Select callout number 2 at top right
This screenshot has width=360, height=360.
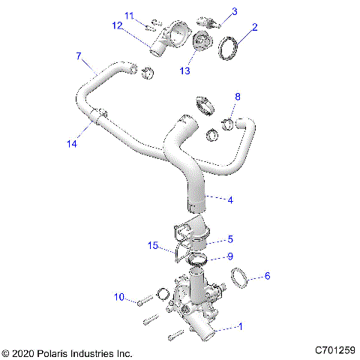tap(255, 28)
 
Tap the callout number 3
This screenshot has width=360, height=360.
tap(234, 11)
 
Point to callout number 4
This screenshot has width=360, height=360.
tap(230, 199)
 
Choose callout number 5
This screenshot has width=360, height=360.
tap(230, 239)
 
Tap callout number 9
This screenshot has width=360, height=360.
tap(230, 256)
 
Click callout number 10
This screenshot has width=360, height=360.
tap(119, 296)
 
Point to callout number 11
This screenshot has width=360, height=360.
tap(129, 15)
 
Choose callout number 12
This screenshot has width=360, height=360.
tap(118, 25)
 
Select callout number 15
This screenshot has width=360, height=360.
tap(153, 245)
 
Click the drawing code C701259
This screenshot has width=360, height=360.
tap(334, 350)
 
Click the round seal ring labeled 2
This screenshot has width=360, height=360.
tap(229, 46)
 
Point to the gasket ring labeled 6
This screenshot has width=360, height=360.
tap(239, 278)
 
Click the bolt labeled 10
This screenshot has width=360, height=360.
tap(143, 301)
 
